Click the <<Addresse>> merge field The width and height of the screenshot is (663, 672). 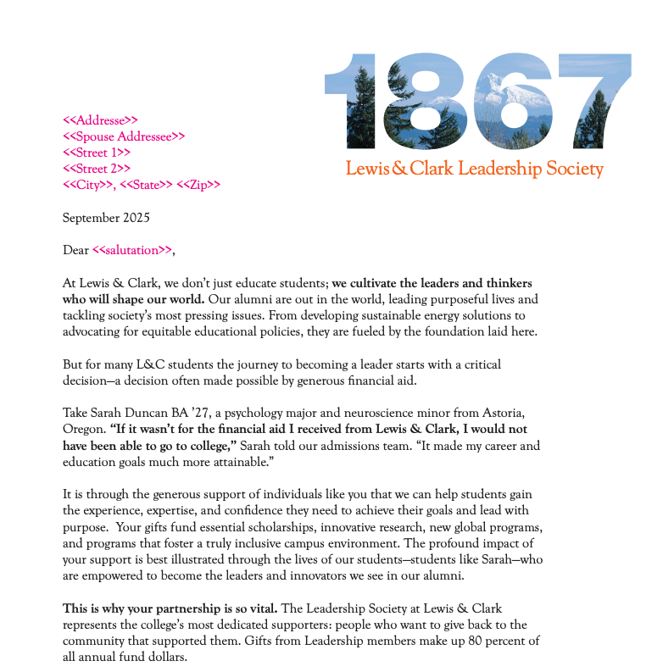click(100, 120)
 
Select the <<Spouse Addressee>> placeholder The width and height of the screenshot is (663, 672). click(124, 136)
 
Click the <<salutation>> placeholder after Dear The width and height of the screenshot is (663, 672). click(132, 250)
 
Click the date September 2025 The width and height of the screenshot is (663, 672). click(106, 218)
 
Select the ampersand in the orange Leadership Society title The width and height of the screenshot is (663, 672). click(398, 169)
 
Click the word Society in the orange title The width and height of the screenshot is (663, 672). click(575, 169)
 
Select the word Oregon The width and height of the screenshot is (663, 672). click(82, 429)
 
